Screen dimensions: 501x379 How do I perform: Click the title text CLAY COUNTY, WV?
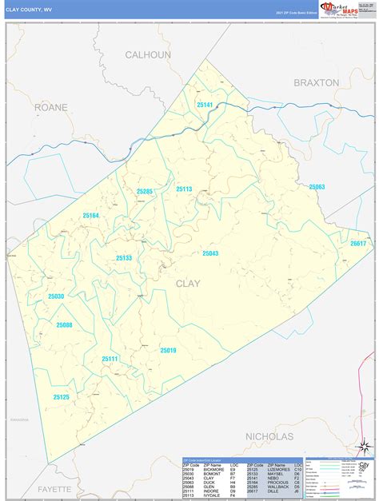(30, 8)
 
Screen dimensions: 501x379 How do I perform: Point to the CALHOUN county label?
(148, 54)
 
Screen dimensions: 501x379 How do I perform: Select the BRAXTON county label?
(316, 82)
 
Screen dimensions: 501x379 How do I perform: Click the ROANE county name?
(51, 106)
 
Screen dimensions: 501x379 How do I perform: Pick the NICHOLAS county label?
(269, 436)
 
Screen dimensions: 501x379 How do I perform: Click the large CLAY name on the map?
(188, 283)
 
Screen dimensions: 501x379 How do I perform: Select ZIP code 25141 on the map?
(205, 105)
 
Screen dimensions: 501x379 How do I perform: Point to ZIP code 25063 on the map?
(316, 187)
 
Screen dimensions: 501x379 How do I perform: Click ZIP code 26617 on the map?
(357, 243)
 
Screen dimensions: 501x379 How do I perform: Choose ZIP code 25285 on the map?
(144, 192)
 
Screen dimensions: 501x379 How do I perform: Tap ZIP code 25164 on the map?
(90, 216)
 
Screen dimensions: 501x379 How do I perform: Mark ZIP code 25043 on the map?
(209, 253)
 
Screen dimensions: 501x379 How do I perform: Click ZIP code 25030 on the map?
(56, 296)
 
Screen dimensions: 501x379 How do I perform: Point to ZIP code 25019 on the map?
(167, 350)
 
